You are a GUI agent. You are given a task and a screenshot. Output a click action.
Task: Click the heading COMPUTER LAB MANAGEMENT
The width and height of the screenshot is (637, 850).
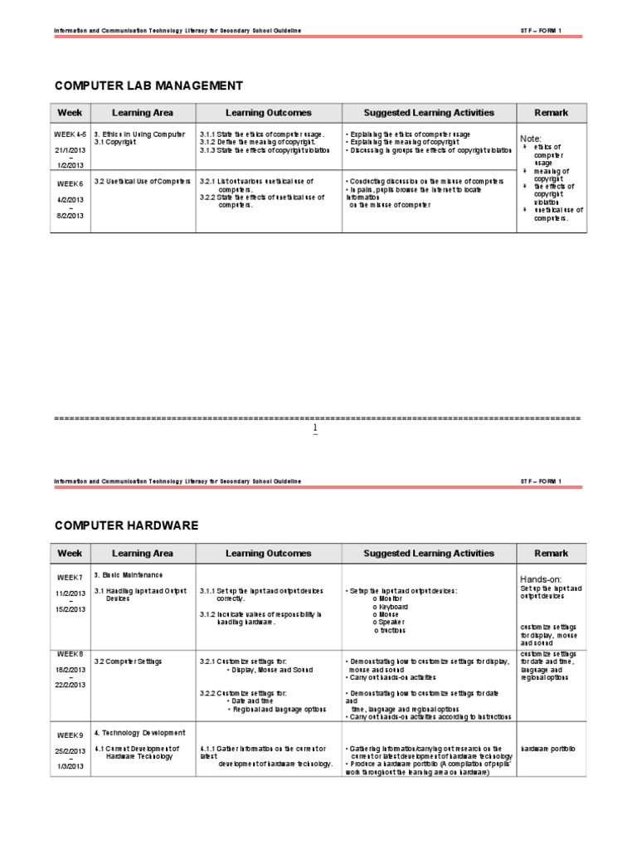coord(148,85)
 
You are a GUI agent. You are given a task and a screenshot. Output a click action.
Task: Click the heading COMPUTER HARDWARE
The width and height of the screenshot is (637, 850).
coord(126,525)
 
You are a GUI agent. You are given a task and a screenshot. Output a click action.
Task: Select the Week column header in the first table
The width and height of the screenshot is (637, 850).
coord(70,113)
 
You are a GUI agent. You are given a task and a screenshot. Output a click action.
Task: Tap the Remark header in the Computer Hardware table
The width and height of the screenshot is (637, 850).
coord(552,553)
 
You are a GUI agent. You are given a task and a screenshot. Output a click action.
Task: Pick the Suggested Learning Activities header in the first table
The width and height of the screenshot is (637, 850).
coord(429,113)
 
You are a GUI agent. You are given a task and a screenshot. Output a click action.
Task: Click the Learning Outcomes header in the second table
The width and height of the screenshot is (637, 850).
coord(269,553)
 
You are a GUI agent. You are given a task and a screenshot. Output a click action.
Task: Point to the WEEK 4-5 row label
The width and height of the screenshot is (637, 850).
coord(70,134)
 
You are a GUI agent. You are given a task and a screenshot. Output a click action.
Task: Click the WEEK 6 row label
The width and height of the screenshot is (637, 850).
coord(70,183)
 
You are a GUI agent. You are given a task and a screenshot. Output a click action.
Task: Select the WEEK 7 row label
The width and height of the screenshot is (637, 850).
coord(70,577)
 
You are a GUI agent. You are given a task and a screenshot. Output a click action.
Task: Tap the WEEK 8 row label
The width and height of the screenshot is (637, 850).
coord(70,653)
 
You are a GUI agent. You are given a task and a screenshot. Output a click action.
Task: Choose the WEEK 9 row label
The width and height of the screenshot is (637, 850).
coord(70,735)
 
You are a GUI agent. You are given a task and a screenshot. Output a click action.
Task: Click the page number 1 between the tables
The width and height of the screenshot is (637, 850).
coord(315,428)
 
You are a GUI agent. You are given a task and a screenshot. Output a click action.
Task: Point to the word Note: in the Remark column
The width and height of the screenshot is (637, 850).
coord(531,138)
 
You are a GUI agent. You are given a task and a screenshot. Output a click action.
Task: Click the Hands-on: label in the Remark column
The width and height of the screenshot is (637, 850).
coord(541,579)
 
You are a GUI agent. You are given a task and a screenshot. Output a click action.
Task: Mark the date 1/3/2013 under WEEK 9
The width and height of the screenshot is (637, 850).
coord(70,766)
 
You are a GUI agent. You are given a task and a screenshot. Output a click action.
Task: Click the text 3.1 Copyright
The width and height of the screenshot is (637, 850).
coord(114,142)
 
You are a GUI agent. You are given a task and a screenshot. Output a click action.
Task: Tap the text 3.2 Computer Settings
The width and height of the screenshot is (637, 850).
coord(128,662)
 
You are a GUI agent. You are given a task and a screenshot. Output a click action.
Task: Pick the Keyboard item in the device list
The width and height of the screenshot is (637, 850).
coord(391,607)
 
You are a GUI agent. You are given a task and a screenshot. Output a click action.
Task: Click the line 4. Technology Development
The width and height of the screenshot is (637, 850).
coord(139,733)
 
